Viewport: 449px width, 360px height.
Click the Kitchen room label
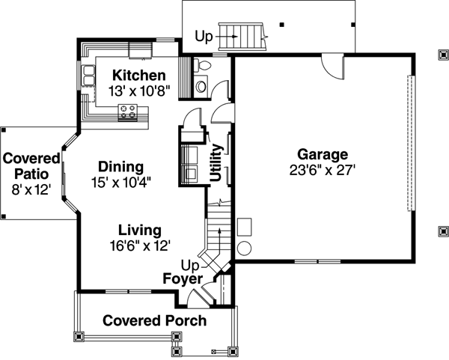pos(138,76)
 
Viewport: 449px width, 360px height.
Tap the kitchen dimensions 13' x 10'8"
pos(138,90)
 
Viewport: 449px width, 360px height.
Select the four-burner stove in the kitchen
pos(127,113)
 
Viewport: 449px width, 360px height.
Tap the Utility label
pos(216,164)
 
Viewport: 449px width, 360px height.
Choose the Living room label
pos(138,231)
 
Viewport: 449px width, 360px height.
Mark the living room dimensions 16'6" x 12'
pos(138,245)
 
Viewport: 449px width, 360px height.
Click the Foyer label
pos(183,279)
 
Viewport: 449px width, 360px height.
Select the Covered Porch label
pos(154,321)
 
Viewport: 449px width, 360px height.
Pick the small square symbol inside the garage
pos(244,225)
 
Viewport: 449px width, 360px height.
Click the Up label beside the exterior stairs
pos(204,35)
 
